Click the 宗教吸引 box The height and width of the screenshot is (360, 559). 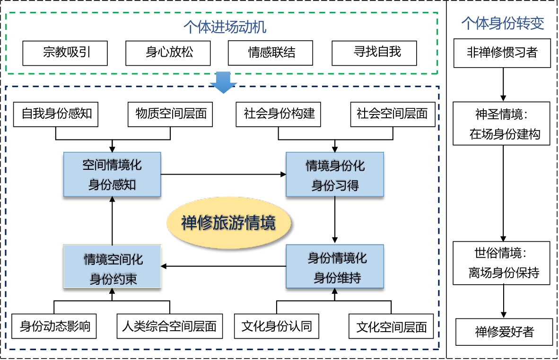point(65,53)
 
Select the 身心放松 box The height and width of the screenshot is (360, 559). point(168,53)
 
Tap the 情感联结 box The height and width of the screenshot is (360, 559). point(271,53)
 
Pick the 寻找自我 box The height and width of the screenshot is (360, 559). point(375,53)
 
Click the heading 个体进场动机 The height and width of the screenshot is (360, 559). point(225,27)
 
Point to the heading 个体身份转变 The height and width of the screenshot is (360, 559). point(503,23)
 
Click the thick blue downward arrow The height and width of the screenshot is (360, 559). point(224,82)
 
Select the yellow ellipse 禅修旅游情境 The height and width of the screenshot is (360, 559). point(229,223)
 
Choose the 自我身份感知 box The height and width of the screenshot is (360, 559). point(56,114)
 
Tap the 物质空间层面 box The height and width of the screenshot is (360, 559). point(170,114)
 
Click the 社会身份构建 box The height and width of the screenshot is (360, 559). point(279,114)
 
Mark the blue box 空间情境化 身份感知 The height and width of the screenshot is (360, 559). point(112,174)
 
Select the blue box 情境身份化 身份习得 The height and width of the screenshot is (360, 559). point(335,174)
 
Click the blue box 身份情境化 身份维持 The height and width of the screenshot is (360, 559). point(335,266)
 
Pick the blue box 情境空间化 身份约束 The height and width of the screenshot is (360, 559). point(112,266)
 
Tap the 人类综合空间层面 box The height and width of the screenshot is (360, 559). point(170,326)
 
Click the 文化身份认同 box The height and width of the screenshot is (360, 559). point(277,326)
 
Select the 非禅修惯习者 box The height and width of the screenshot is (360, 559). point(502,53)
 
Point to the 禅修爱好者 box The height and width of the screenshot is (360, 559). point(505,332)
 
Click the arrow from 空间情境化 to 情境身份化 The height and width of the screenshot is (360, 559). point(224,174)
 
